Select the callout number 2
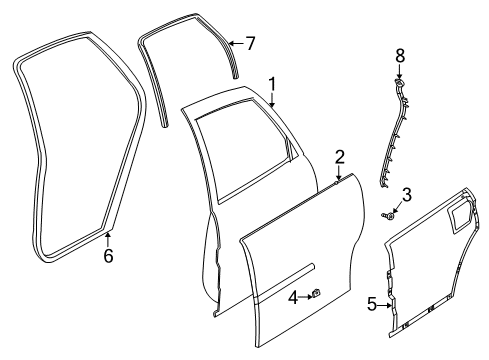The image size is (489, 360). [x=340, y=157]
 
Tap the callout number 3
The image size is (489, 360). [x=406, y=194]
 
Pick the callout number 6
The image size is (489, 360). [x=108, y=256]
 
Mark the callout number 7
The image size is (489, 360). [x=251, y=43]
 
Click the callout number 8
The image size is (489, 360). [x=399, y=57]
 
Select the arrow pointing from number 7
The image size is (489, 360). [x=236, y=43]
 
